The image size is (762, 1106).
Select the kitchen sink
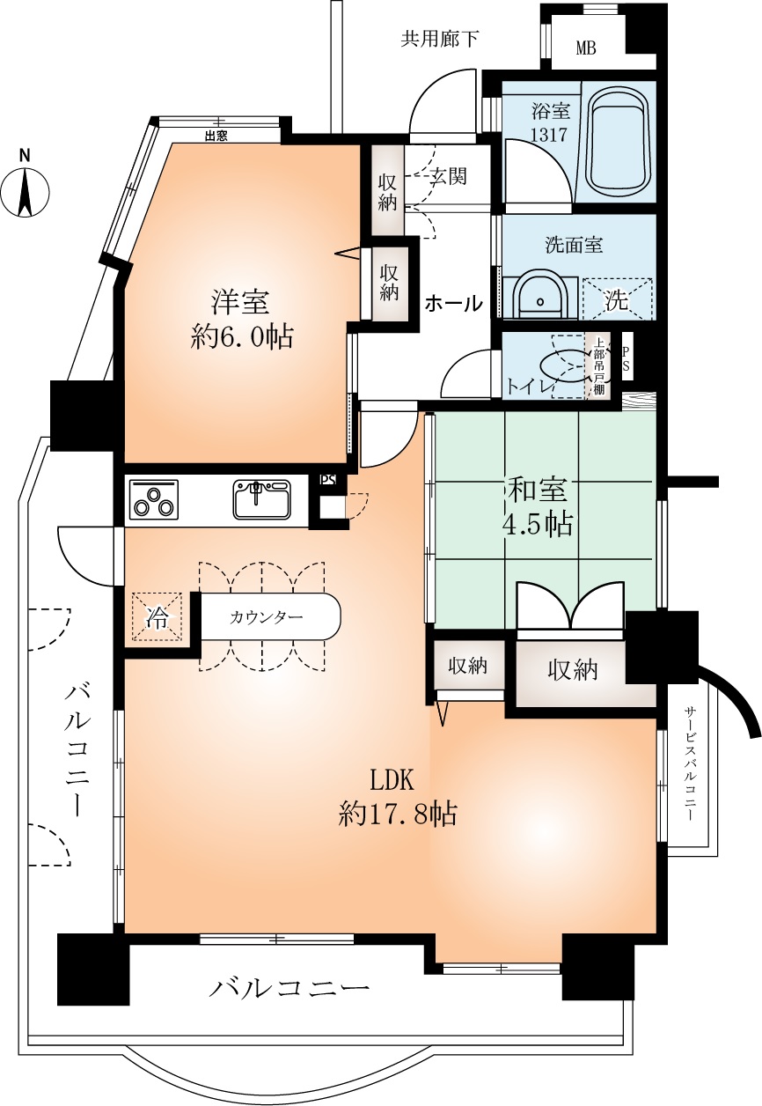point(262,499)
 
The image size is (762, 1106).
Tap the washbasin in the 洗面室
point(540,296)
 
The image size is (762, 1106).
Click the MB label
point(586,48)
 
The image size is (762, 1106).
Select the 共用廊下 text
point(439,39)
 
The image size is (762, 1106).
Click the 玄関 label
point(449,176)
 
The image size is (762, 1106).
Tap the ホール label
point(453,303)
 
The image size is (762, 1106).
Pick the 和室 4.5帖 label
point(537,508)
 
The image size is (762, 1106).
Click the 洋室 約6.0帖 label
point(242,320)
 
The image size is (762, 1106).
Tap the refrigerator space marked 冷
point(157,616)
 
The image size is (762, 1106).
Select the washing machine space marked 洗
point(618,299)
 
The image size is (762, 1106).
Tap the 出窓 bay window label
point(216,136)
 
